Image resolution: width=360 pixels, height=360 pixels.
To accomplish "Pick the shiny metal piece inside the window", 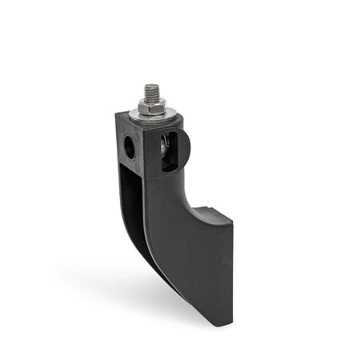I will (162, 147).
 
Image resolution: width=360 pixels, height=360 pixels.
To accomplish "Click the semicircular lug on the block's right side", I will (183, 148).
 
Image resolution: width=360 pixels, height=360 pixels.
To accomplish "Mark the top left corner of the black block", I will (114, 114).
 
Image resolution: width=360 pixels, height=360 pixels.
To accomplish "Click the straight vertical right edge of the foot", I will (232, 272).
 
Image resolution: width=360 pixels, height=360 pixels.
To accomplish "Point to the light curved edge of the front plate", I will (149, 240).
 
